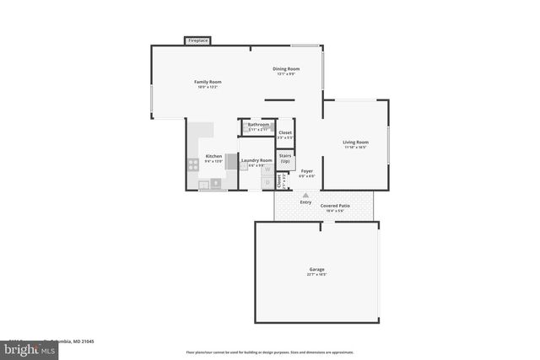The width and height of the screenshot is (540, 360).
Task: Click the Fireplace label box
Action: click(198, 40)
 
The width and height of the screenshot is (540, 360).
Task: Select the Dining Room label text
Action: click(285, 68)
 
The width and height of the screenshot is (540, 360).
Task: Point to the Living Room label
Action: click(355, 142)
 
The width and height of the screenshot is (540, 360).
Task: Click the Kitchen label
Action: click(213, 157)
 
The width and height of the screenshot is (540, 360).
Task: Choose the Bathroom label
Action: click(257, 125)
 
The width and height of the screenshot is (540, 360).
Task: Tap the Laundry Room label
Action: click(256, 160)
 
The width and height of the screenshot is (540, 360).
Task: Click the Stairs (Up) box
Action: click(284, 159)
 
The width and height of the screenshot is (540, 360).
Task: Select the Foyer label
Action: click(307, 171)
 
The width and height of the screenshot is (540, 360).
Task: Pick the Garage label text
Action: click(316, 270)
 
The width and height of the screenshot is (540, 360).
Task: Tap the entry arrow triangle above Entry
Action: click(305, 195)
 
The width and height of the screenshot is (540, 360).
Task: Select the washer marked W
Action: click(267, 169)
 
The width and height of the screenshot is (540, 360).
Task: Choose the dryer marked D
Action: click(267, 182)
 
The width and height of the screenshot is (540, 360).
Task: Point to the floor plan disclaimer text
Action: click(269, 352)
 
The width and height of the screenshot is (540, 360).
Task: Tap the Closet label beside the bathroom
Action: click(285, 132)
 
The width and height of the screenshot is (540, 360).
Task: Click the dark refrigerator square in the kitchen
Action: click(216, 182)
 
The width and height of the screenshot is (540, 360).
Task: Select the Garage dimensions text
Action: click(316, 275)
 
